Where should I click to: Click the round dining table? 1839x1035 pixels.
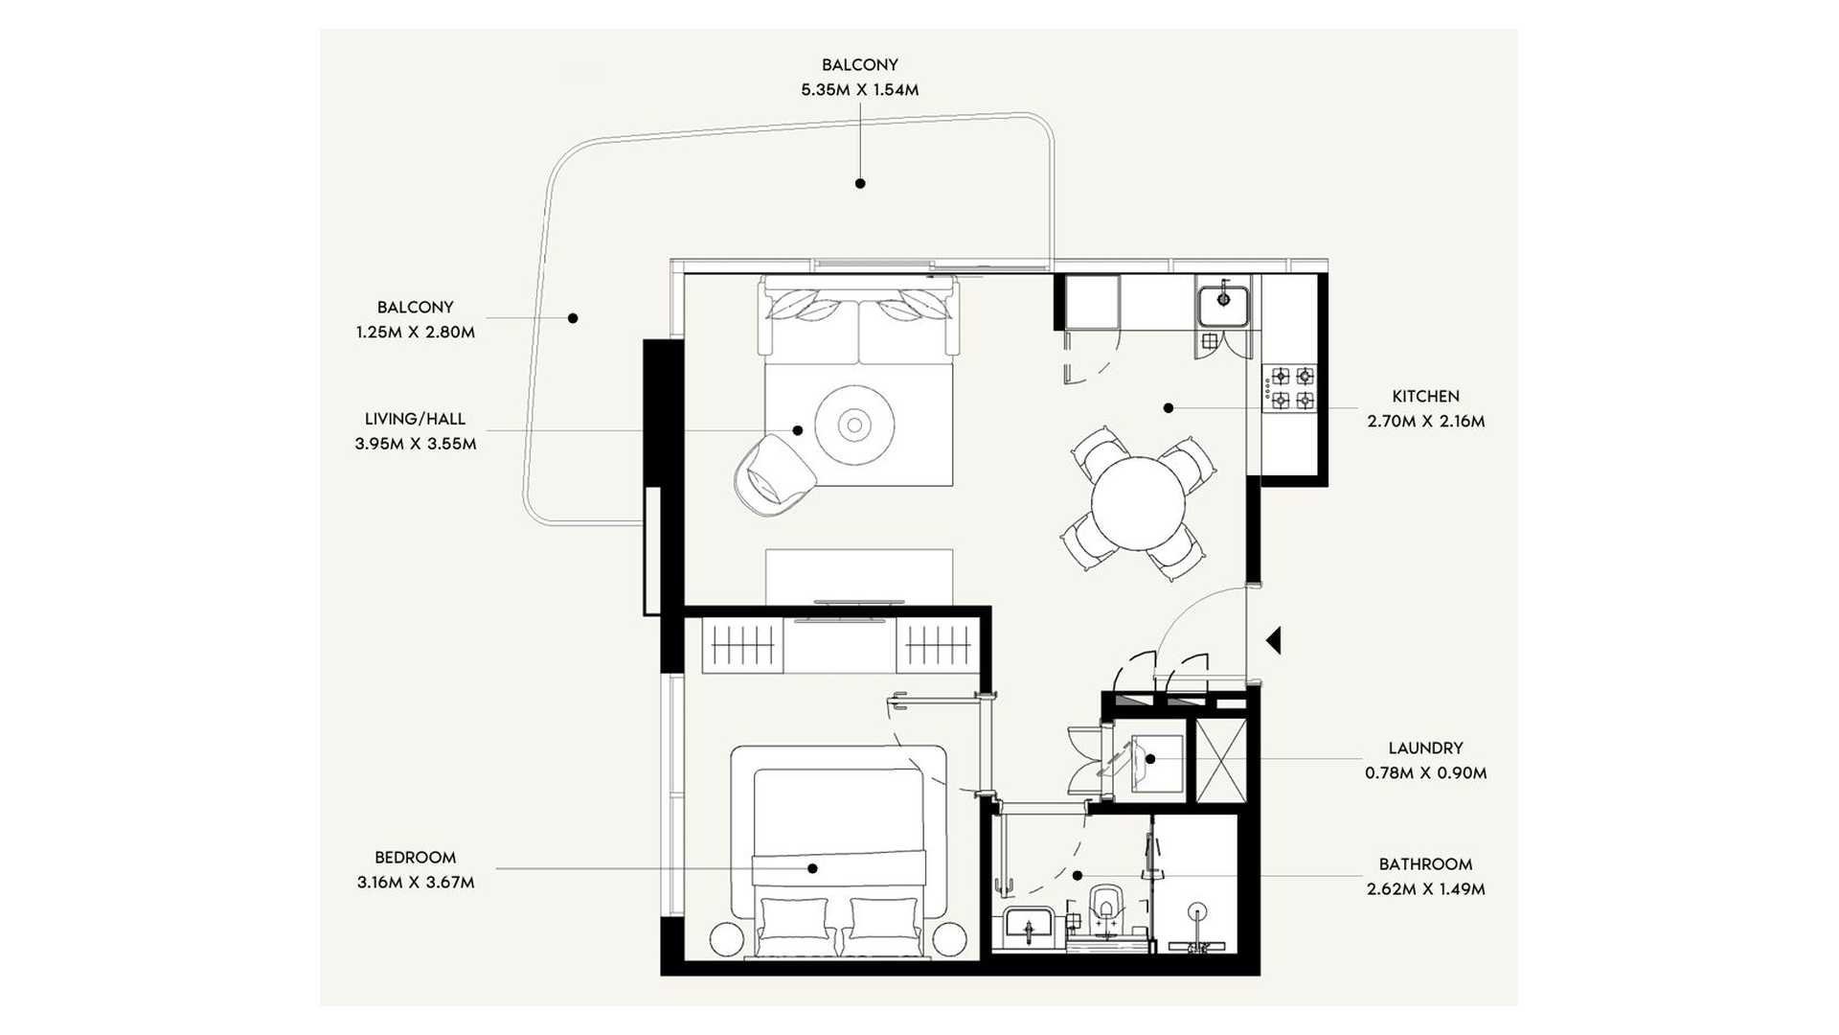(1138, 503)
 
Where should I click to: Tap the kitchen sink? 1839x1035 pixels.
(1223, 306)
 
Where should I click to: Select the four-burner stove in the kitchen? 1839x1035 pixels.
(1292, 388)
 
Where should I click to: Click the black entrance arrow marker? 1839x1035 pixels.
(1274, 640)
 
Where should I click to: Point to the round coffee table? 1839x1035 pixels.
(854, 425)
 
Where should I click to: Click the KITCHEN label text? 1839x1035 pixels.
(1425, 396)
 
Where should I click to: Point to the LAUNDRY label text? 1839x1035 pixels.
(1425, 747)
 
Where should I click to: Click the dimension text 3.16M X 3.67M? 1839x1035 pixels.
(416, 883)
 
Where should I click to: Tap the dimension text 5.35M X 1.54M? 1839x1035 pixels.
(859, 90)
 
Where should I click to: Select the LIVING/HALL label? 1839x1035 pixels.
(415, 419)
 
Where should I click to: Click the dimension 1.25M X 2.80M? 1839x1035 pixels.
(415, 333)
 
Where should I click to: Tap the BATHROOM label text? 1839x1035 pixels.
(1425, 864)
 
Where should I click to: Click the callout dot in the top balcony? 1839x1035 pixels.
(860, 183)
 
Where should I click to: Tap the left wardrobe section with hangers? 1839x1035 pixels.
(742, 645)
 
